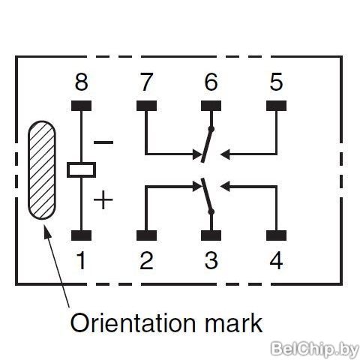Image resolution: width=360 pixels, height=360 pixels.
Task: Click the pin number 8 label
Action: click(x=81, y=82)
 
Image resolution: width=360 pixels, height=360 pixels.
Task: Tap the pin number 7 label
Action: click(x=146, y=82)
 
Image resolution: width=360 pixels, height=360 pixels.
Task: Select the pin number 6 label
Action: click(x=211, y=82)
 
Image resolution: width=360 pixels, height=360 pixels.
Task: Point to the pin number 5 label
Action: click(x=276, y=82)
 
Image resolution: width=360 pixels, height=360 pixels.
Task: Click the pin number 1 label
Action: click(x=82, y=260)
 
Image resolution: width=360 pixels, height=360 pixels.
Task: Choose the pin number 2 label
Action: click(x=146, y=260)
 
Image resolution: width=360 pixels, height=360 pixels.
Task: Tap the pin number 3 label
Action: click(x=211, y=260)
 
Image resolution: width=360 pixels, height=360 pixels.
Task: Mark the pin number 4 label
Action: click(x=276, y=260)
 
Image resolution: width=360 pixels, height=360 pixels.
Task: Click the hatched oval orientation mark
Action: click(x=41, y=170)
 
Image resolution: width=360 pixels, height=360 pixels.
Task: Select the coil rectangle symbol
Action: click(x=81, y=170)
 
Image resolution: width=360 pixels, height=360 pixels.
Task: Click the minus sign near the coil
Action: click(x=103, y=142)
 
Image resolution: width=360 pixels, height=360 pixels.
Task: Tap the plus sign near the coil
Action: click(x=103, y=199)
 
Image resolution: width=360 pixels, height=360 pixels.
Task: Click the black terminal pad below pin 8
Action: click(x=81, y=106)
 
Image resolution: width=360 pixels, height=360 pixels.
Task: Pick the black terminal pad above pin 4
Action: click(x=276, y=235)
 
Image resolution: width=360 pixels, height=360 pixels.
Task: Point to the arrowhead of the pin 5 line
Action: click(x=225, y=154)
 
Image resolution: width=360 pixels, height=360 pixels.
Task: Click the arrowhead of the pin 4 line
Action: click(x=225, y=187)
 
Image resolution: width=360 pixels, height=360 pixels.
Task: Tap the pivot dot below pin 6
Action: click(x=211, y=129)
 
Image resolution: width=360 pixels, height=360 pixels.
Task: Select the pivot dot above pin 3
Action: click(x=211, y=212)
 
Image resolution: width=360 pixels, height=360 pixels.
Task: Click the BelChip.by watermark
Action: click(x=314, y=349)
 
